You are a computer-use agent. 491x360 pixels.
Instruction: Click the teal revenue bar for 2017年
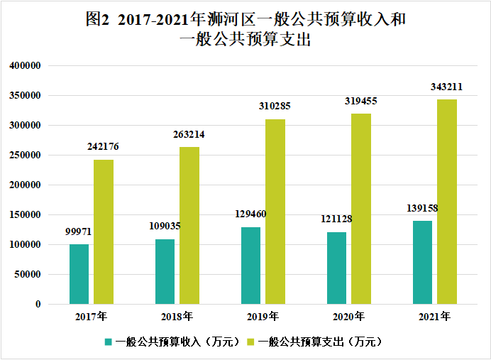click(x=79, y=274)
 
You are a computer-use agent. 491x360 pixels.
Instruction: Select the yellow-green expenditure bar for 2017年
click(x=104, y=231)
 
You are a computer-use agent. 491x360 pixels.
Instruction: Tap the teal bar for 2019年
click(x=250, y=266)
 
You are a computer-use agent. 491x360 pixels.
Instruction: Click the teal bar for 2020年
click(x=336, y=268)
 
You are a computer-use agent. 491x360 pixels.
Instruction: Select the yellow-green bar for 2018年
click(x=189, y=225)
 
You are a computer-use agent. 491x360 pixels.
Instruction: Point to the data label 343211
click(x=447, y=87)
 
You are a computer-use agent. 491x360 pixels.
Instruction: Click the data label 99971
click(x=78, y=231)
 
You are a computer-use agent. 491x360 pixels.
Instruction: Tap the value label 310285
click(x=275, y=107)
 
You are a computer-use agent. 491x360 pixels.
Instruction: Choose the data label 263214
click(x=189, y=134)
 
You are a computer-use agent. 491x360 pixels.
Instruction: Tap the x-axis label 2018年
click(x=177, y=316)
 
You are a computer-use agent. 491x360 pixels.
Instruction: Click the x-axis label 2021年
click(x=434, y=316)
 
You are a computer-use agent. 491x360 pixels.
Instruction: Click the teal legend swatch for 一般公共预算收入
click(x=109, y=342)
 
